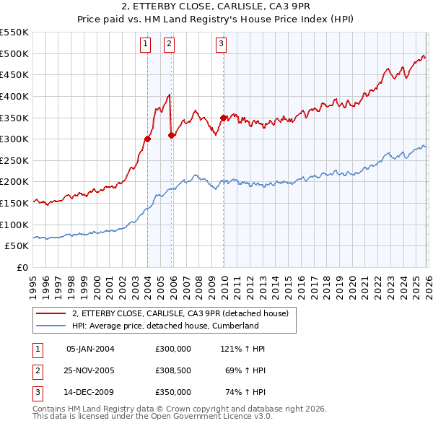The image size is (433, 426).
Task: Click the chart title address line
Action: [x=216, y=7]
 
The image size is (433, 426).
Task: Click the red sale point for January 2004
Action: [x=147, y=139]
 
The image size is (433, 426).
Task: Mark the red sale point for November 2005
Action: [x=171, y=135]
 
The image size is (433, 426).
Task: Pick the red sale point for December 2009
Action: [x=223, y=117]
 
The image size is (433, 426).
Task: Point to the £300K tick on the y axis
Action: [x=16, y=139]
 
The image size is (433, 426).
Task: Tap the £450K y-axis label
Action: [x=16, y=74]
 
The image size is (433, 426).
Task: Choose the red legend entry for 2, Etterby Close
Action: [x=180, y=313]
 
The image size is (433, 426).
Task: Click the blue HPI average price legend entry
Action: [x=165, y=326]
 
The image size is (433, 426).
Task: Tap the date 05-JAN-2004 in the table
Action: [x=90, y=349]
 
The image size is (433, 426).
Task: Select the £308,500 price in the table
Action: [x=173, y=370]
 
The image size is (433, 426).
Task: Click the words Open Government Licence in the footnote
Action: [x=199, y=417]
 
